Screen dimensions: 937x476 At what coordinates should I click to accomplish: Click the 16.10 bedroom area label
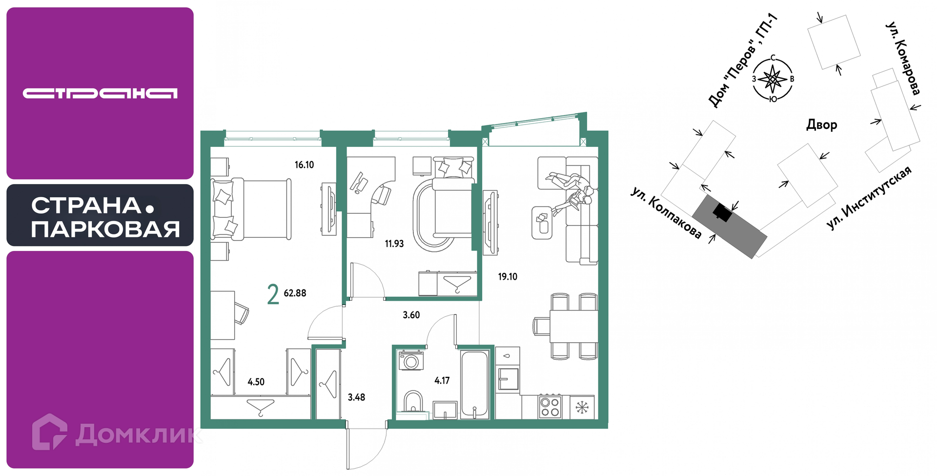(x=304, y=165)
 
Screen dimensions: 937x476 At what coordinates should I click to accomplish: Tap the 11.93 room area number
(x=394, y=244)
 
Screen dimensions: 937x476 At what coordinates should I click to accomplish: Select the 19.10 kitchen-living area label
(x=508, y=277)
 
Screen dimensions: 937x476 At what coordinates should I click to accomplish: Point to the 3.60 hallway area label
(x=411, y=315)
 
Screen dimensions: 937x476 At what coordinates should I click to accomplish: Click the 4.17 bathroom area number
(x=442, y=380)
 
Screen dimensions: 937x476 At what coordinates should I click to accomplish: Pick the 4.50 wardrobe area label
(x=256, y=382)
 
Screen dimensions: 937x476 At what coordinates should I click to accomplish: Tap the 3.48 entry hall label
(x=356, y=397)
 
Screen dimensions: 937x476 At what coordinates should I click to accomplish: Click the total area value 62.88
(x=295, y=293)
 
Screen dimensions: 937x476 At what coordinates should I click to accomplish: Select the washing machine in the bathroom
(x=411, y=360)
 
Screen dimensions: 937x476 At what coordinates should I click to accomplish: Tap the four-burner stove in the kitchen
(x=550, y=406)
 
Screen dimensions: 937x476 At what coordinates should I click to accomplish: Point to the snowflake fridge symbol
(x=582, y=407)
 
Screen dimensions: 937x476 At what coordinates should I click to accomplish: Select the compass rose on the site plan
(x=773, y=79)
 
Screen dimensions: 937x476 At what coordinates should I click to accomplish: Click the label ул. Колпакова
(x=666, y=213)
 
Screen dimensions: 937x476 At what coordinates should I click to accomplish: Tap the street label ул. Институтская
(x=869, y=198)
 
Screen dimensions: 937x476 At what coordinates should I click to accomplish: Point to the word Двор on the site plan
(x=821, y=125)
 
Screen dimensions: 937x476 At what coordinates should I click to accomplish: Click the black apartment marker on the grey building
(x=722, y=212)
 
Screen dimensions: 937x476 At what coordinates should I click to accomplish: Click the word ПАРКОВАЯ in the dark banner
(x=105, y=229)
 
